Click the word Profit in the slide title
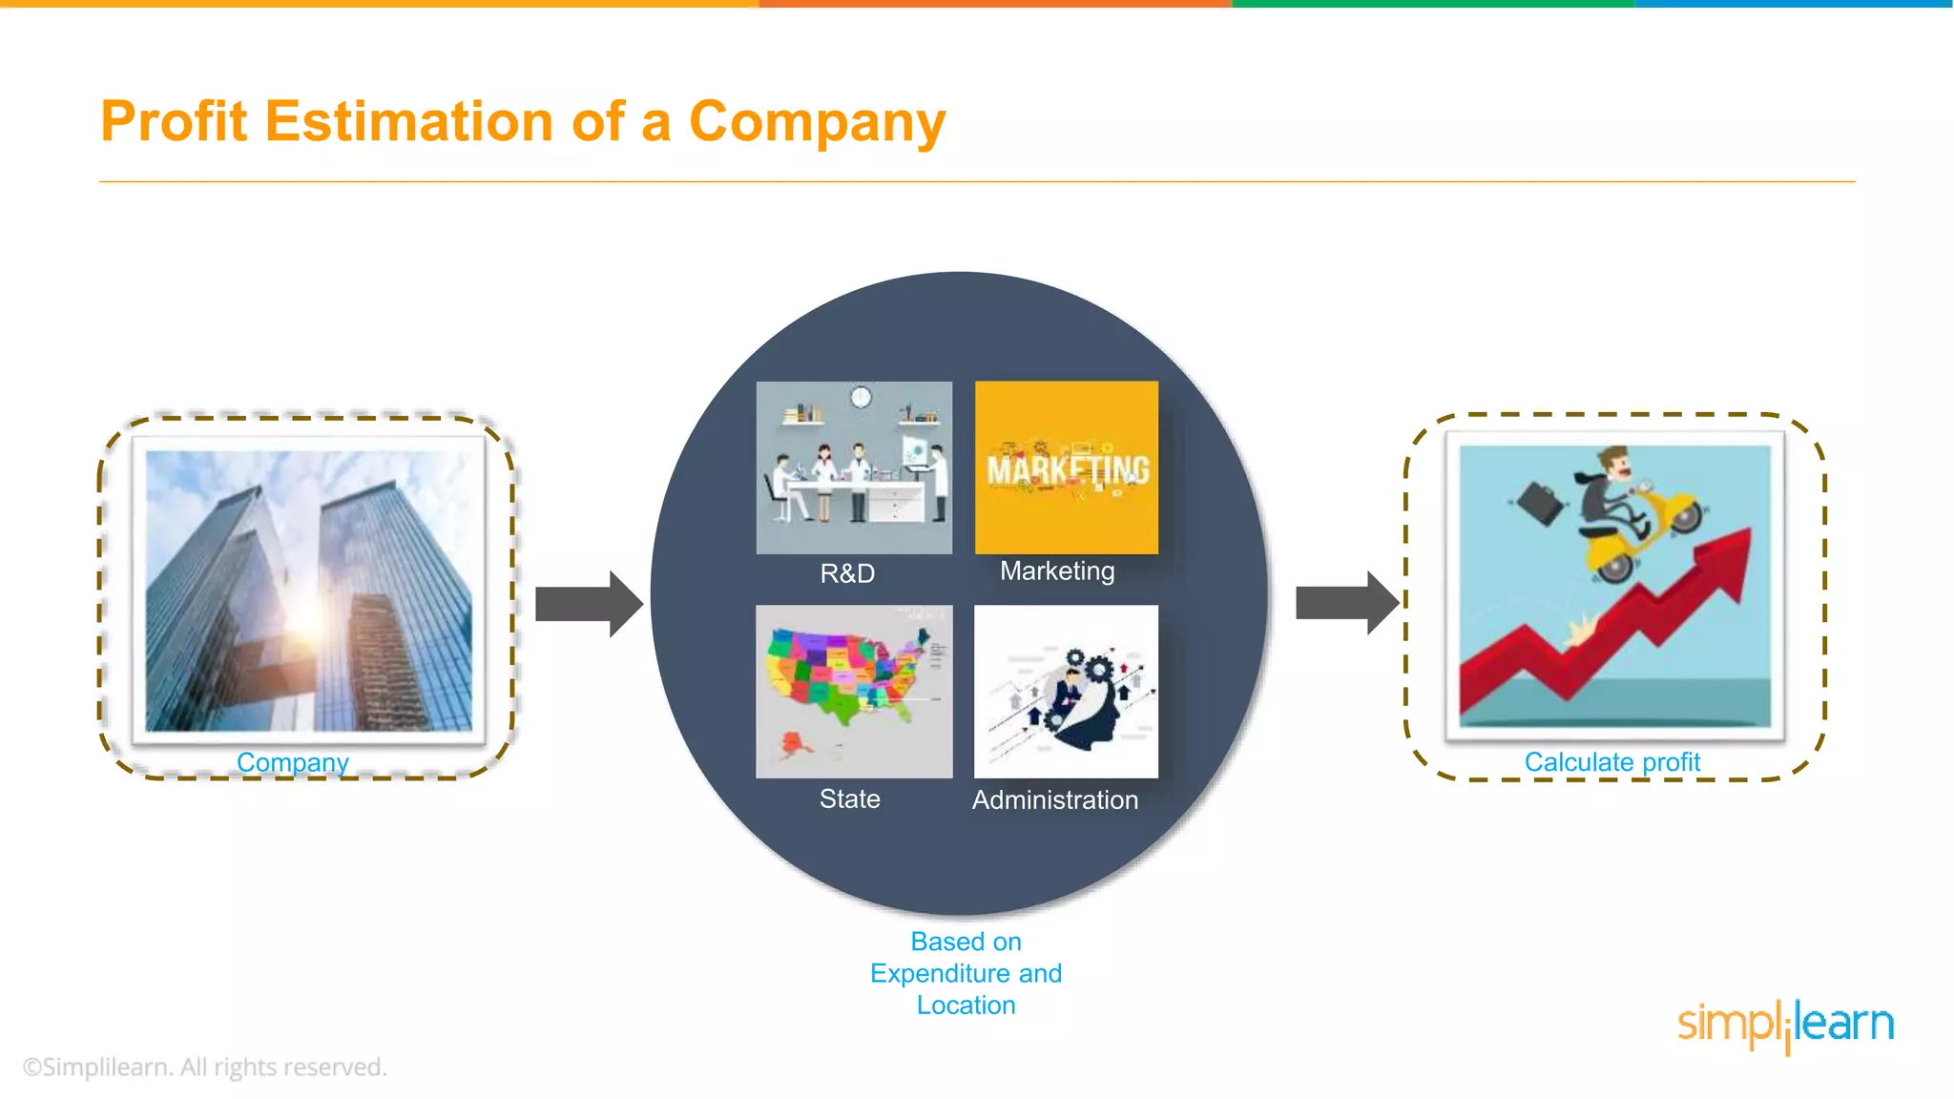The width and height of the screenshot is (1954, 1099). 174,122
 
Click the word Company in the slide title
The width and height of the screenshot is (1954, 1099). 817,122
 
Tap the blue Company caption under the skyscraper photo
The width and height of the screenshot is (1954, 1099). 292,762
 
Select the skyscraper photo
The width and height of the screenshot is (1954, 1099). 308,591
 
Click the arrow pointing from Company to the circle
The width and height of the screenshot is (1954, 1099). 588,604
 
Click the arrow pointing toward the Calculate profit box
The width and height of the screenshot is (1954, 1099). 1346,603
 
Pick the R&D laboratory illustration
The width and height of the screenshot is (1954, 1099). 854,467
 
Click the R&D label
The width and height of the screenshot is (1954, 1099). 847,573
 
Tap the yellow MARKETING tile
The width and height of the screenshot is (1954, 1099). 1067,467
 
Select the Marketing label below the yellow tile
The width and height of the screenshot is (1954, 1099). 1057,570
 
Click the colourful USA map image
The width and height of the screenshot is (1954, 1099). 854,691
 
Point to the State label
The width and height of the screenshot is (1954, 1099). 849,799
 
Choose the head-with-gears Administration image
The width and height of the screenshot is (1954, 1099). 1066,691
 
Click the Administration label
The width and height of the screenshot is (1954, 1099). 1054,800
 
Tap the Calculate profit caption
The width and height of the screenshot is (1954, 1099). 1611,762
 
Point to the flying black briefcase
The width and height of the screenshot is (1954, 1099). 1539,504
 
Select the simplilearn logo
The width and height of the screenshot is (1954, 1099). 1785,1025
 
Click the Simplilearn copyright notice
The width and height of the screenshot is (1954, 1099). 204,1067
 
